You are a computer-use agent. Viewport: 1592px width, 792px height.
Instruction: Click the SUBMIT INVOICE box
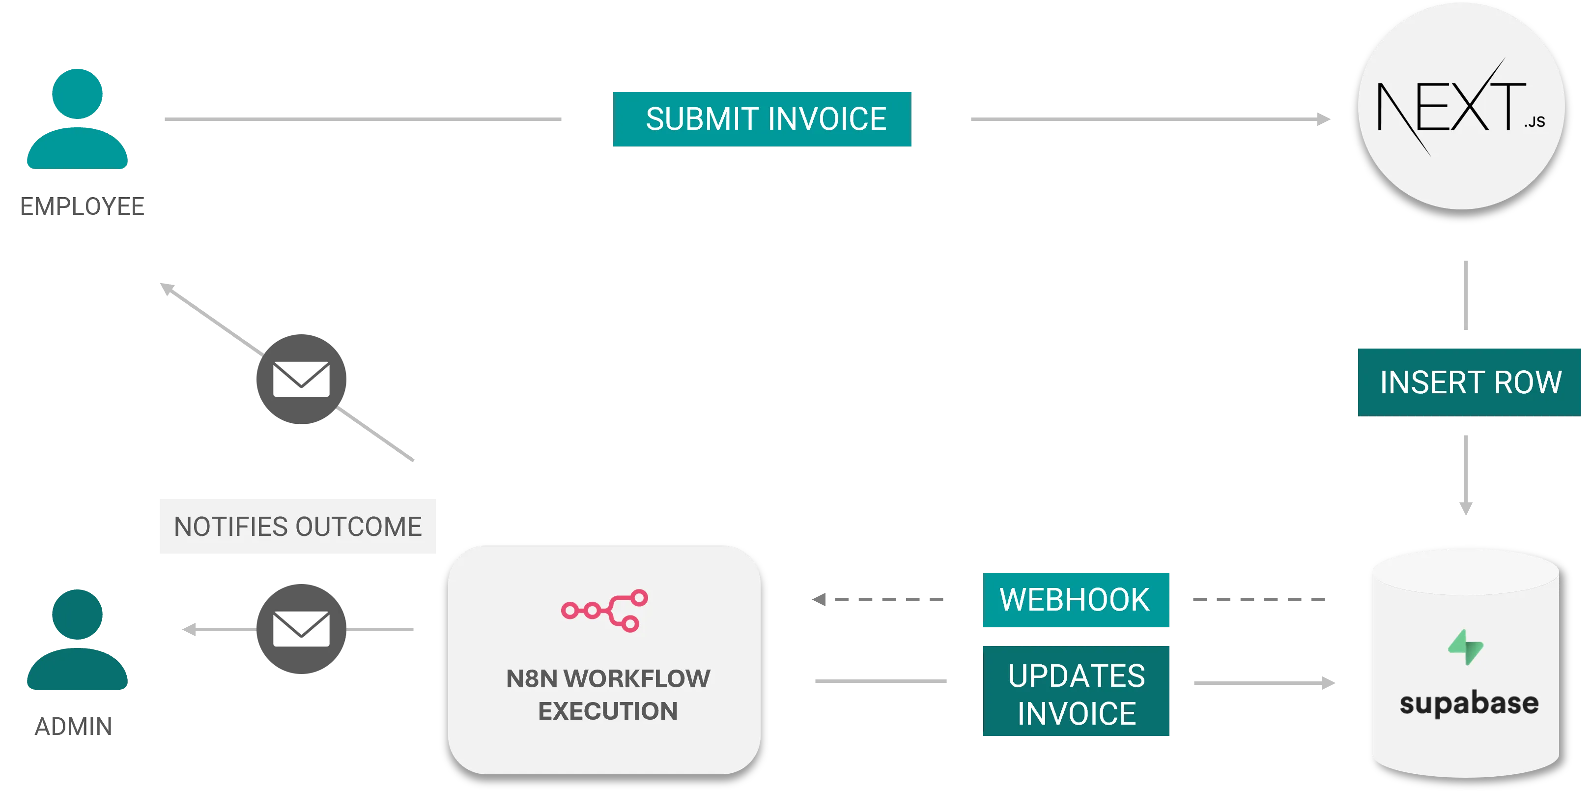762,119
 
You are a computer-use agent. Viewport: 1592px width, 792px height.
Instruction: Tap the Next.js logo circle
1461,106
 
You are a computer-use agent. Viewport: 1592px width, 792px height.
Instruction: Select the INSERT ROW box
1470,381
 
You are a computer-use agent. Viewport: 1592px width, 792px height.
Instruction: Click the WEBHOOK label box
1076,599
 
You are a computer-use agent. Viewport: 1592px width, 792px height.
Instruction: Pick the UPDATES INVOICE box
1076,693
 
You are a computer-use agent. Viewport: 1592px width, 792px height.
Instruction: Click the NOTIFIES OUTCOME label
297,526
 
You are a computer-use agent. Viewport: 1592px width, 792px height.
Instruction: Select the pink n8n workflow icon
604,610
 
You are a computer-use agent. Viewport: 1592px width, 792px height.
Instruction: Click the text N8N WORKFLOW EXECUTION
607,694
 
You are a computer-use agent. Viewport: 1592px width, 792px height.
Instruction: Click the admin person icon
77,640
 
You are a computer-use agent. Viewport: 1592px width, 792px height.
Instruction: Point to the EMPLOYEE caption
82,206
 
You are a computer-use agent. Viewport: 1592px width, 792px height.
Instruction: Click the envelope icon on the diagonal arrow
302,379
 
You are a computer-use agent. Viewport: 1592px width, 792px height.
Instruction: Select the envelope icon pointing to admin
302,629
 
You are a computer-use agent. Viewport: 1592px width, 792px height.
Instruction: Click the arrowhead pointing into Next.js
1324,118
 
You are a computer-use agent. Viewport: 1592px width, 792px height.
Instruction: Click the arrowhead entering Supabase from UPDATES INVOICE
1329,684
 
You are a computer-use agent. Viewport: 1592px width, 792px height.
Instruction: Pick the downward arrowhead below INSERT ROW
1465,507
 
